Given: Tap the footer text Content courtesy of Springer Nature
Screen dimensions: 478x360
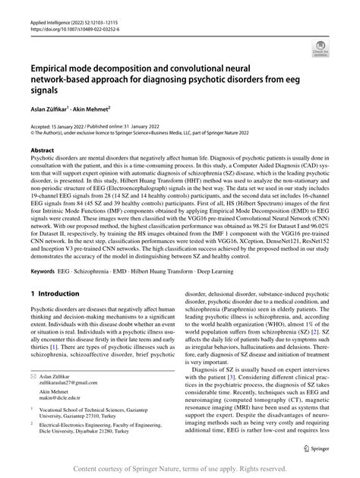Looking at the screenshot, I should click(x=179, y=469).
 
